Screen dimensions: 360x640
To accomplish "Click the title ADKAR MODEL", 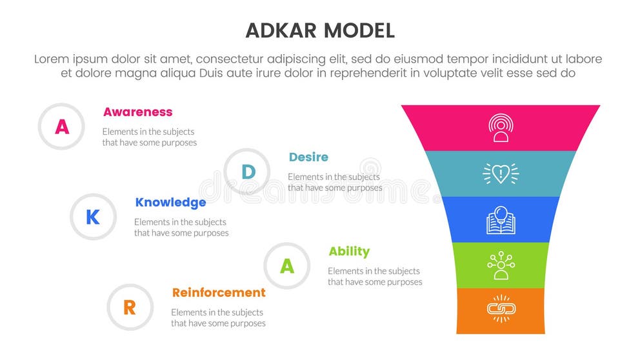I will [x=320, y=30].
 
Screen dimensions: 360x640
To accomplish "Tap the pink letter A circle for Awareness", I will [x=61, y=126].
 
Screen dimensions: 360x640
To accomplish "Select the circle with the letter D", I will [x=247, y=172].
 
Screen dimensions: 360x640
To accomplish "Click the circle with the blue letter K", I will [x=93, y=217].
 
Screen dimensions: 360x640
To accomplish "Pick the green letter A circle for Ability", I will [x=287, y=266].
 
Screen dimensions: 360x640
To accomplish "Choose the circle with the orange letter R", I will [x=130, y=308].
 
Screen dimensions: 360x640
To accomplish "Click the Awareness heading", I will [x=137, y=112].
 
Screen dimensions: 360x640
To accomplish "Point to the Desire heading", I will [x=308, y=157].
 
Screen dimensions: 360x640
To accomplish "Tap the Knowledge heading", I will [x=170, y=203].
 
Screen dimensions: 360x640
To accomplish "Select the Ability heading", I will [x=349, y=252].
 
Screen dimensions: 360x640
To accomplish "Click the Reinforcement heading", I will [x=219, y=293].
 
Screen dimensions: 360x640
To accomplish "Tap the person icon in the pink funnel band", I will [x=501, y=128].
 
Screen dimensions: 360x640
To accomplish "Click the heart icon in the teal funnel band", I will [x=501, y=173].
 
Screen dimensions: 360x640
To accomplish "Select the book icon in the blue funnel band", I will [x=501, y=219].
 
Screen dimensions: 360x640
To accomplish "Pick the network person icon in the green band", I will [x=501, y=265].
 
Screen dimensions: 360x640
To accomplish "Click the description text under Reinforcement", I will [x=218, y=318].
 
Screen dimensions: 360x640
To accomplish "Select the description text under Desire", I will [x=334, y=182].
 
